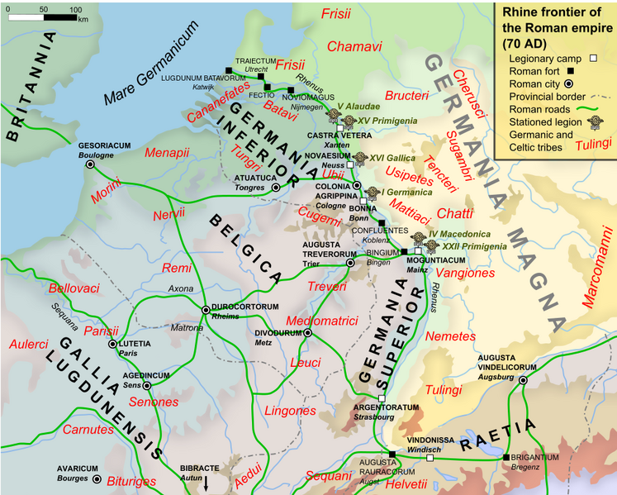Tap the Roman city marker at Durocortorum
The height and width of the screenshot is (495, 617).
coord(206,310)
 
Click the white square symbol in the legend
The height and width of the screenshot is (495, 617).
coord(592,59)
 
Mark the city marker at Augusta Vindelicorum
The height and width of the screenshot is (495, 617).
coord(522,379)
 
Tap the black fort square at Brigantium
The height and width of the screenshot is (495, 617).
coord(505,457)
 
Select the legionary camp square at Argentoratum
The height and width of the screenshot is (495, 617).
coord(382,399)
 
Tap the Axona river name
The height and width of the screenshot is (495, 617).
coord(181,289)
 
